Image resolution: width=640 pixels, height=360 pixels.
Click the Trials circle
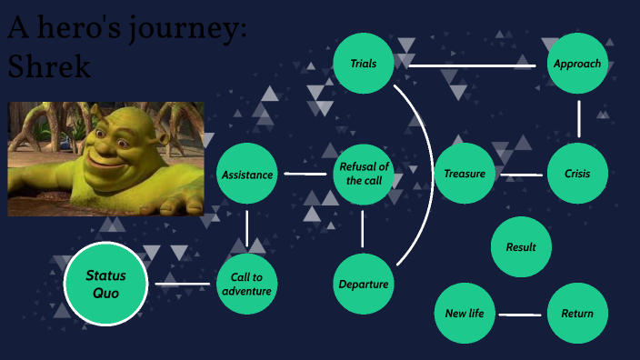363,64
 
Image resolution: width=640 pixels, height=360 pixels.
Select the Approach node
577,64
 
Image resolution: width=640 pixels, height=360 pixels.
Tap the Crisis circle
577,174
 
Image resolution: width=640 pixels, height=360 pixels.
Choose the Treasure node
465,174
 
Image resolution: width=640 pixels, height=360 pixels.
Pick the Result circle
521,246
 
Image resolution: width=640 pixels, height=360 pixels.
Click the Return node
577,314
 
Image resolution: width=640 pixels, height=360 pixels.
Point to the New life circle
465,314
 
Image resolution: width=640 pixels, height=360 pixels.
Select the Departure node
363,284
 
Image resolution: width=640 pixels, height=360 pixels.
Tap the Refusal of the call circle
363,174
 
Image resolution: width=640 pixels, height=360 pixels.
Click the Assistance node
246,174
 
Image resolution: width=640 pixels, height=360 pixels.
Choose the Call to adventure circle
246,284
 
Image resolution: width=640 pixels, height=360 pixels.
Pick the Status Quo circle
105,284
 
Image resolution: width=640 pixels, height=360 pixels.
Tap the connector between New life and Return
521,315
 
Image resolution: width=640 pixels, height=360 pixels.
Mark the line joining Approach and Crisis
578,118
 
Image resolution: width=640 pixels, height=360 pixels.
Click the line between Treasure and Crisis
521,175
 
